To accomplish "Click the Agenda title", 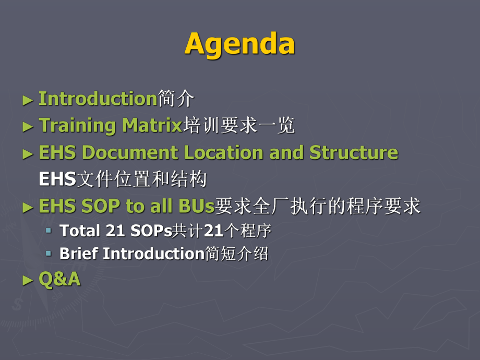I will click(239, 44).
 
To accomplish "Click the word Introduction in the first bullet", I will click(98, 99).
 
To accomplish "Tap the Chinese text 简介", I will click(176, 99).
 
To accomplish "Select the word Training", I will click(77, 126).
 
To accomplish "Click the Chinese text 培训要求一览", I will click(238, 126).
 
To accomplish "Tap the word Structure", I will click(353, 153).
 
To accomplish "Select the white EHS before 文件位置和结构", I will click(57, 180).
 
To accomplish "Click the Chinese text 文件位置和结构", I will click(141, 180).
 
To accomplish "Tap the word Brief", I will click(79, 254).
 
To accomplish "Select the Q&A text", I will click(59, 279).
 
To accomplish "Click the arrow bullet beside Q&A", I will click(28, 280).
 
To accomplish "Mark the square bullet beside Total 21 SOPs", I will click(49, 230).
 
